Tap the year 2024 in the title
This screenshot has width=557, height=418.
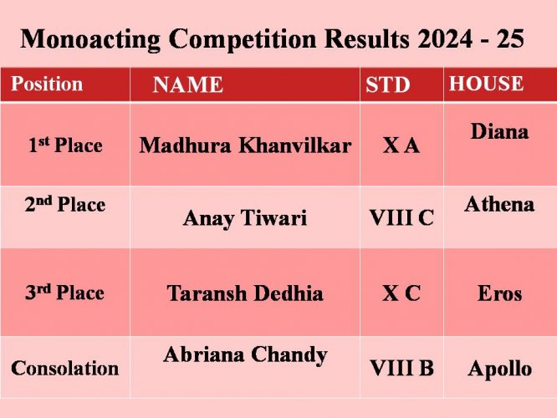coord(445,38)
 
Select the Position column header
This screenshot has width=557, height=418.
coord(47,84)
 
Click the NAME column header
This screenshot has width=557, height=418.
coord(187,84)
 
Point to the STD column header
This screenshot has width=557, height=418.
coord(387,84)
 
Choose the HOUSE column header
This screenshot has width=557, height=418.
coord(486,84)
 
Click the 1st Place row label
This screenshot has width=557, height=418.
coord(65,145)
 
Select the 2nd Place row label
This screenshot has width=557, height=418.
coord(65,204)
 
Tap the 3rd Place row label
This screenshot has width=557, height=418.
coord(64,293)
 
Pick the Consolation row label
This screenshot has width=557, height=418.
coord(65,368)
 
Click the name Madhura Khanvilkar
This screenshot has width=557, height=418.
coord(245,145)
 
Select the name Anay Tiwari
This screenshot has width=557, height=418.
coord(245,217)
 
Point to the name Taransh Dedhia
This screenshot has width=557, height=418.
coord(245,293)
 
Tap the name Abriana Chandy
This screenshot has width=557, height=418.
coord(245,355)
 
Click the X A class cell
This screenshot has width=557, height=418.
coord(401,145)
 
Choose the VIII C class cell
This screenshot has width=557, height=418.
coord(401,217)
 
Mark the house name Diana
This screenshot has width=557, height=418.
coord(499,131)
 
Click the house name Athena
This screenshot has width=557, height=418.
coord(499,204)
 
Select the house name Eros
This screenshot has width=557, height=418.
coord(500,293)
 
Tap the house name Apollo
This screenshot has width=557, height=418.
coord(500,369)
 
